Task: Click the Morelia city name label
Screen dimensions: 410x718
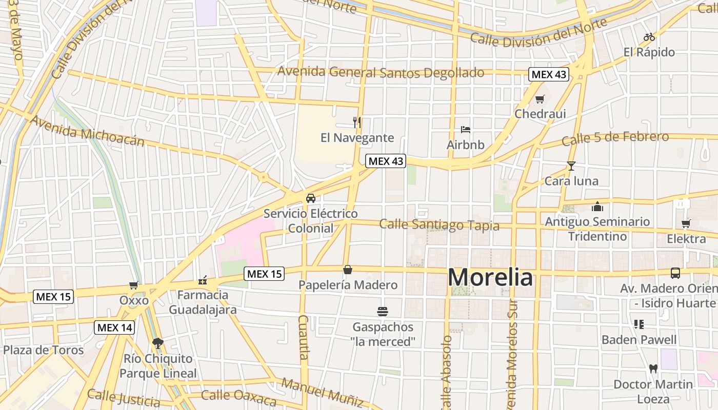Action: pyautogui.click(x=490, y=278)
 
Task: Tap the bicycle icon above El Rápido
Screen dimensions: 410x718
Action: pyautogui.click(x=649, y=37)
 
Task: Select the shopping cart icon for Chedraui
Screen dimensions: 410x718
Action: pyautogui.click(x=540, y=99)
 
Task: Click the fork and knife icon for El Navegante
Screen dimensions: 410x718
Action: pyautogui.click(x=357, y=122)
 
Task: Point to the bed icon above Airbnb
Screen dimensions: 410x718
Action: pyautogui.click(x=465, y=129)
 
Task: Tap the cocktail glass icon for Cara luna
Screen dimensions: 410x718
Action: pyautogui.click(x=571, y=166)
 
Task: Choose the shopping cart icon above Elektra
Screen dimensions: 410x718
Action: pyautogui.click(x=686, y=223)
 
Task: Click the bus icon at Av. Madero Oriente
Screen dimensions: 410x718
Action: pyautogui.click(x=675, y=273)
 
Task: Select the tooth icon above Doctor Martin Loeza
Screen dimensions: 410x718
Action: pyautogui.click(x=653, y=368)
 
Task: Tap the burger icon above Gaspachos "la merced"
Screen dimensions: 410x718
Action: pyautogui.click(x=382, y=311)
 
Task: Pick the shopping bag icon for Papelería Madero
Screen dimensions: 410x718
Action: pyautogui.click(x=348, y=270)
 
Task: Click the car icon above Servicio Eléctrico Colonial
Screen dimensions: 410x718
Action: pyautogui.click(x=310, y=198)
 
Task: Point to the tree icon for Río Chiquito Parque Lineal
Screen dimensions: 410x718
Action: pyautogui.click(x=157, y=343)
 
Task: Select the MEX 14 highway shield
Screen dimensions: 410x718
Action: pyautogui.click(x=114, y=327)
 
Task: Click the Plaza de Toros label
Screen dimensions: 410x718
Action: pyautogui.click(x=43, y=350)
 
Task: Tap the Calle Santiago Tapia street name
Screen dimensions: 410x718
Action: pyautogui.click(x=439, y=225)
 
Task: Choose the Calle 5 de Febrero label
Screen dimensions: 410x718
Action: pyautogui.click(x=615, y=138)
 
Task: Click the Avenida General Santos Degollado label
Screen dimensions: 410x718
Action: pyautogui.click(x=381, y=72)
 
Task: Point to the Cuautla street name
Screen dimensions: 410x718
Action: pyautogui.click(x=303, y=337)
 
